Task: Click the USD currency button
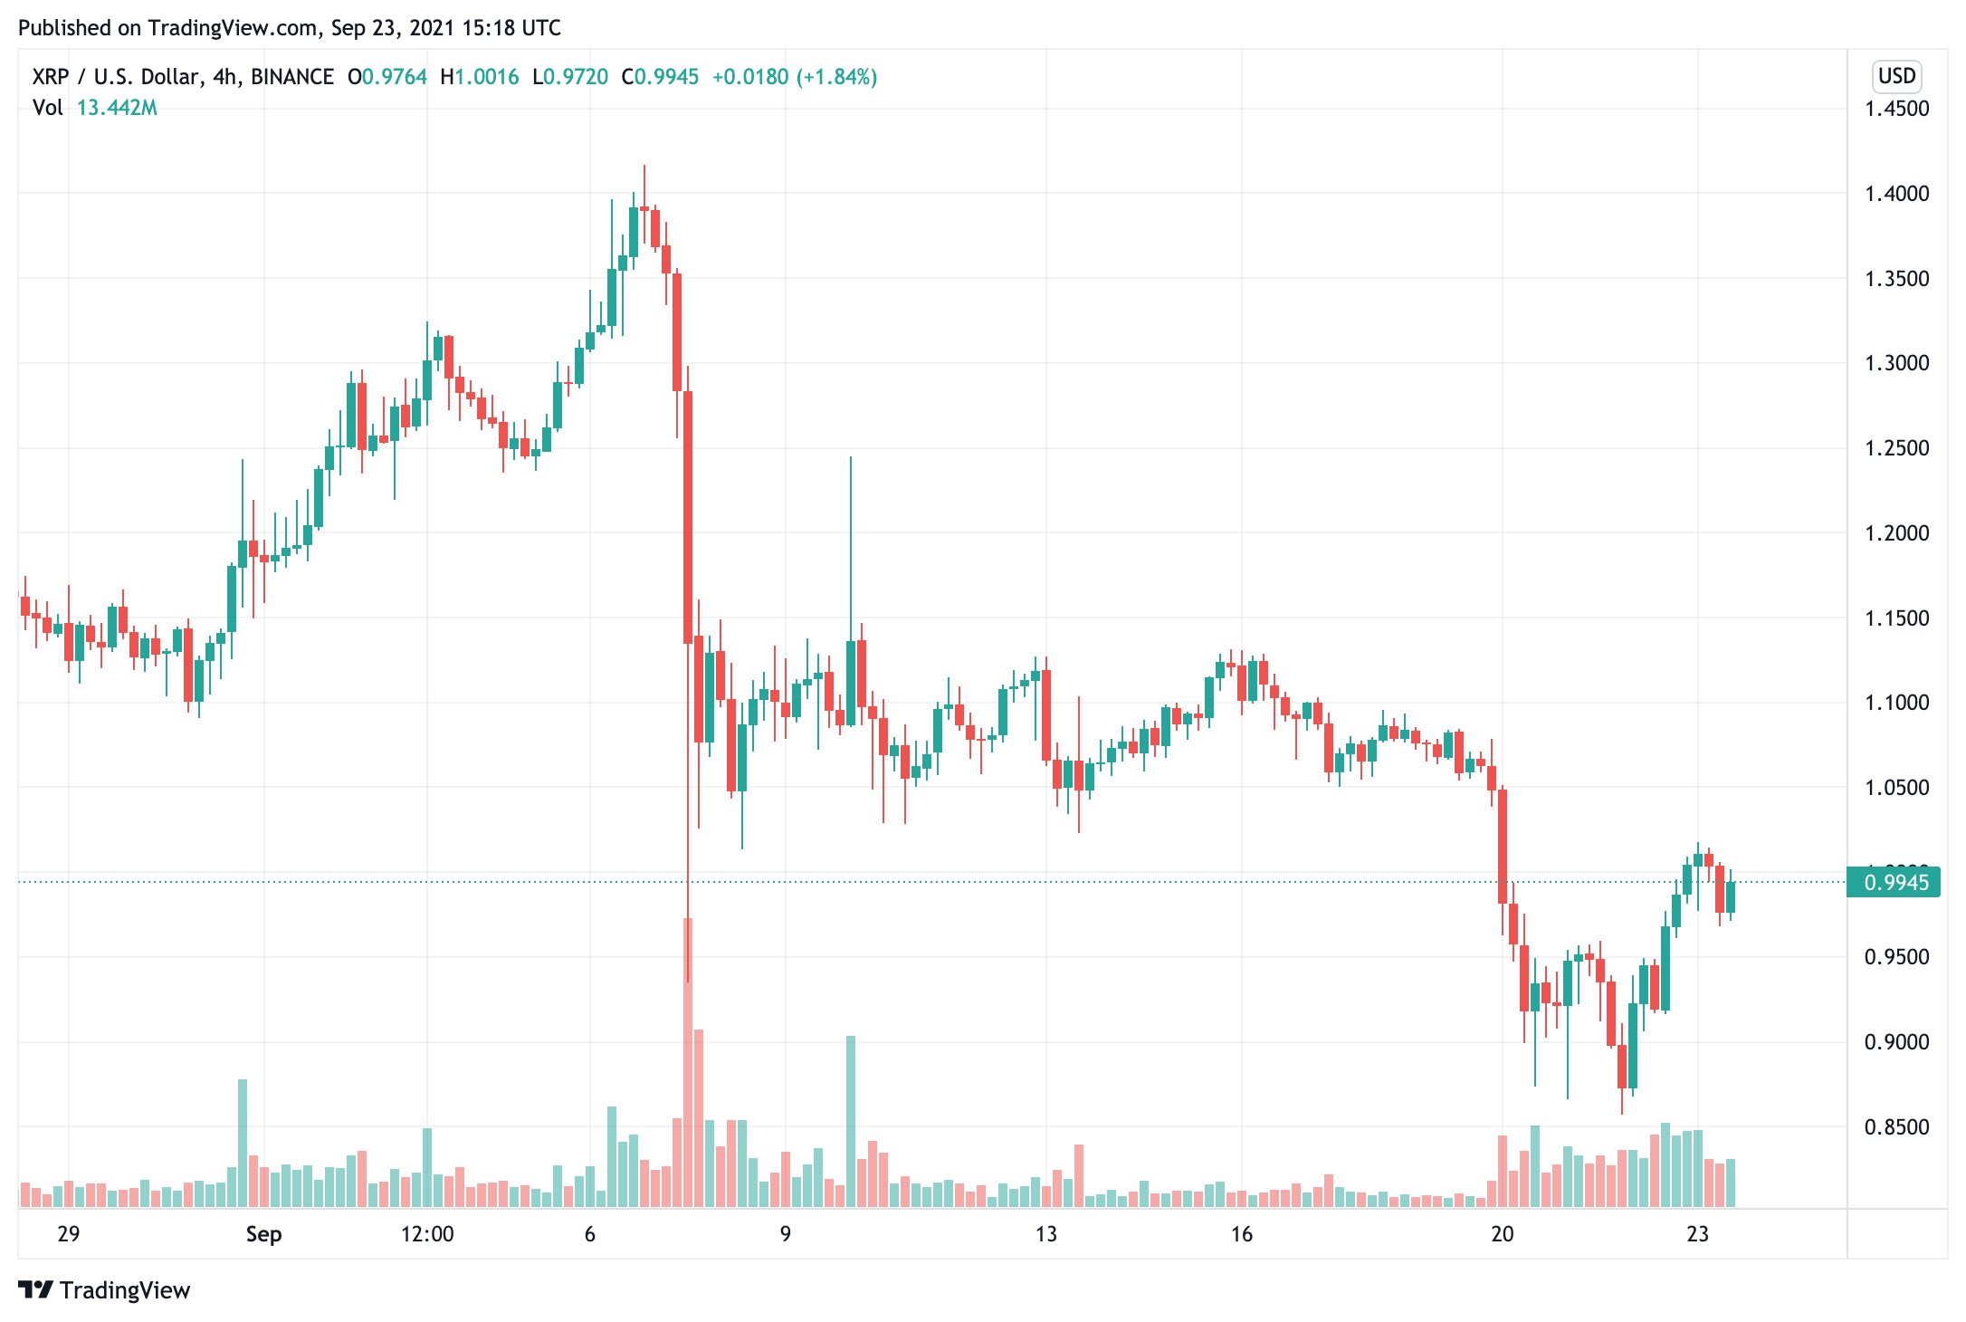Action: (1896, 76)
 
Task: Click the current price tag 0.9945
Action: (1894, 882)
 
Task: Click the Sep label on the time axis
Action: (263, 1234)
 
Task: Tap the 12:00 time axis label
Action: (427, 1234)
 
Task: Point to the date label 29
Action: (68, 1234)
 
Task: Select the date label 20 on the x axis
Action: (1502, 1234)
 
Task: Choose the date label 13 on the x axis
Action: (1045, 1234)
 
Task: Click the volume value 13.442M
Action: (117, 108)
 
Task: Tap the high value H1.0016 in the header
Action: (480, 77)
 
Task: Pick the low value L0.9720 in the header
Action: (570, 77)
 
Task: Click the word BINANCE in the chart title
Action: (292, 77)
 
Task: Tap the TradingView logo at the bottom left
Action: (104, 1290)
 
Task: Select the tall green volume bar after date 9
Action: (851, 1123)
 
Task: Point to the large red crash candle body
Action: (688, 516)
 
